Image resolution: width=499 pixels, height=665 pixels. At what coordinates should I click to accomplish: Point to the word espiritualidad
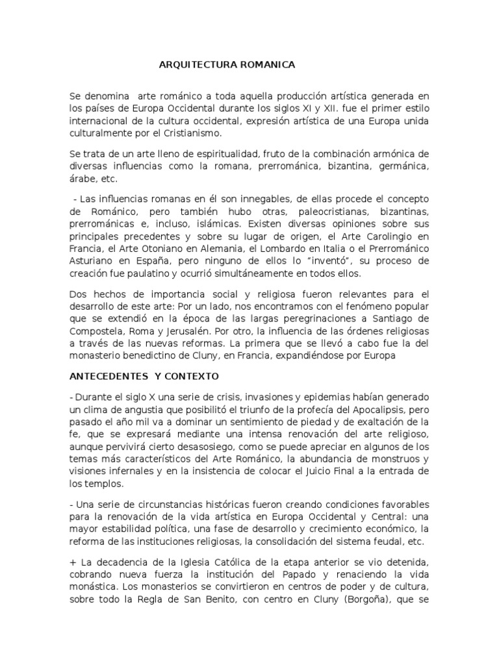coord(215,153)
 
